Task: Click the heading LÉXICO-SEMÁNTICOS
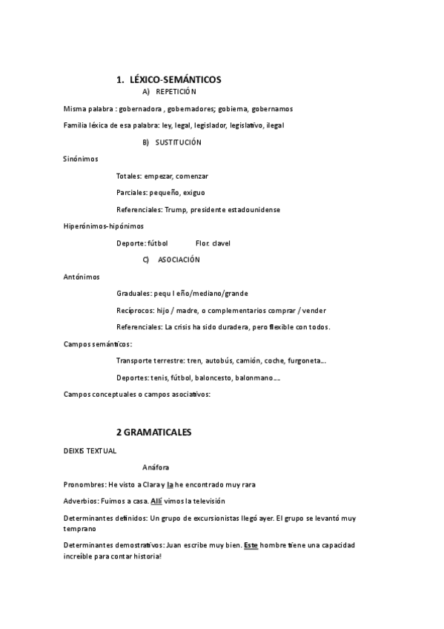click(175, 79)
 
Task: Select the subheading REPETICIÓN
click(176, 91)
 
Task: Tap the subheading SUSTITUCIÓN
click(179, 142)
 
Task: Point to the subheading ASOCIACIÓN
click(179, 260)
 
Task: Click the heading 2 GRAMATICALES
click(153, 431)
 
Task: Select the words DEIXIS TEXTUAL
click(90, 449)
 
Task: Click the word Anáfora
click(156, 467)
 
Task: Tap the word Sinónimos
click(81, 159)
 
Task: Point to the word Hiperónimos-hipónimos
click(104, 226)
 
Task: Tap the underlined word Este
click(251, 545)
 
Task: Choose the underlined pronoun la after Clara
click(170, 484)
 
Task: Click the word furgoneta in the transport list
click(306, 360)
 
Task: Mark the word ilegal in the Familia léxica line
click(274, 125)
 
